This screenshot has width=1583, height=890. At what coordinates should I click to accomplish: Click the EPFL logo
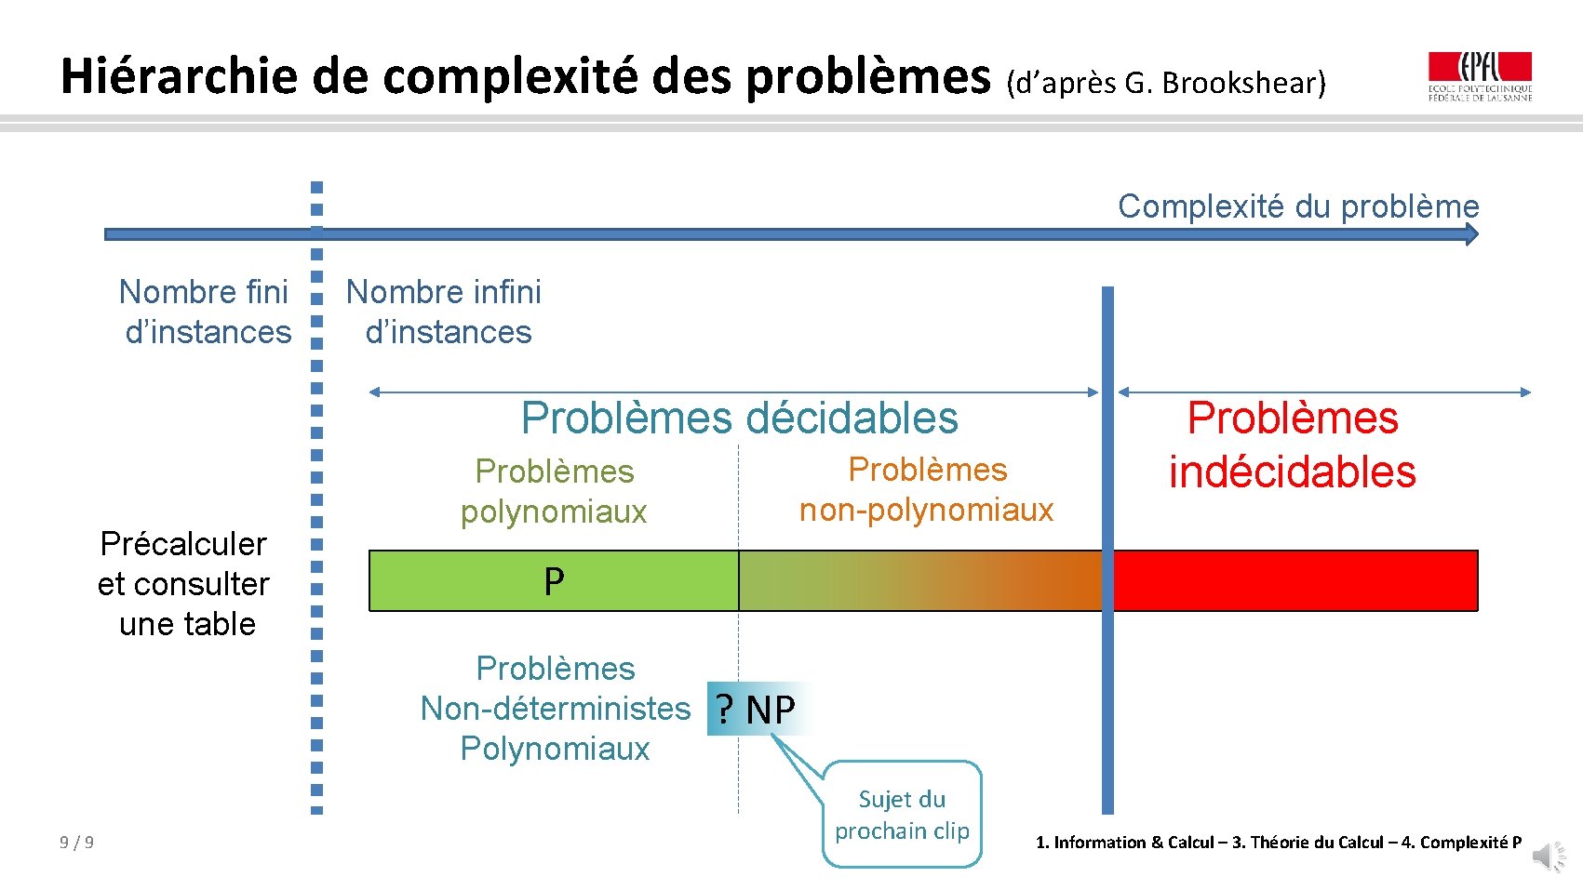1480,76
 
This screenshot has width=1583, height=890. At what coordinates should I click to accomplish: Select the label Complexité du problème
1298,206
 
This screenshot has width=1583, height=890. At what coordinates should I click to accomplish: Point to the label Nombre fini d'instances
206,312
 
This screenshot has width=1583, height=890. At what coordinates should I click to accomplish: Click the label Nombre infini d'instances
444,312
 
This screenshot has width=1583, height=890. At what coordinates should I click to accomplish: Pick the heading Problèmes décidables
739,418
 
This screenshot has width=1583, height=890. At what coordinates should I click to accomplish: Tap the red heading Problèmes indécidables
1292,445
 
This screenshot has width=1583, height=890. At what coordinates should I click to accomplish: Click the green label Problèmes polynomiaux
554,491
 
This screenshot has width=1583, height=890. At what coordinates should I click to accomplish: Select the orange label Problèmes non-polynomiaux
927,489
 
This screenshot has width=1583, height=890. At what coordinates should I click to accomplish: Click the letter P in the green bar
554,581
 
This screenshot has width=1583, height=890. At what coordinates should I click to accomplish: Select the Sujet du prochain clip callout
902,815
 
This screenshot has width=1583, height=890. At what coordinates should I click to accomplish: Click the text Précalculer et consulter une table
184,583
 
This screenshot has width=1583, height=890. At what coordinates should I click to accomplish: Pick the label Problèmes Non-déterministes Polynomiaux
556,708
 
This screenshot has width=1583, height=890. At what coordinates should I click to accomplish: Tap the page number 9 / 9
76,843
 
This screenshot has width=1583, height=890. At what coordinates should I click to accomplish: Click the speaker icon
1549,856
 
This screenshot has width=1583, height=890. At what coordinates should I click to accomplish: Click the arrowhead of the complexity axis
1471,234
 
